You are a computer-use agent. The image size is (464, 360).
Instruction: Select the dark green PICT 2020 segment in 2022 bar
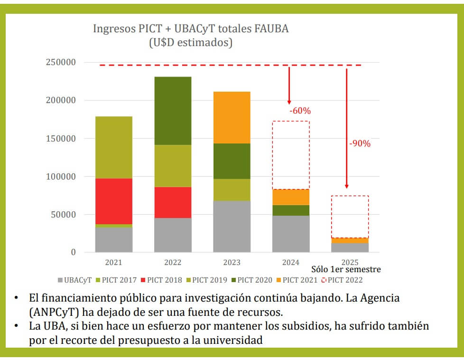coord(173,110)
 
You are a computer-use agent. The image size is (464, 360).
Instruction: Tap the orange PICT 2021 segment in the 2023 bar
coord(232,117)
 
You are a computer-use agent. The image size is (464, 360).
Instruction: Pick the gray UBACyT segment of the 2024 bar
coord(290,234)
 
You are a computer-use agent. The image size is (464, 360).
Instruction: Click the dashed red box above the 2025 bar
coord(350,216)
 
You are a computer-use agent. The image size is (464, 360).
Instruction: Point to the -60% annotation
coord(300,111)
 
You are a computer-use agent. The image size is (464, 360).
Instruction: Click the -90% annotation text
coord(360,143)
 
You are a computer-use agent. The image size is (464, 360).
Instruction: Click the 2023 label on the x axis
coord(232,262)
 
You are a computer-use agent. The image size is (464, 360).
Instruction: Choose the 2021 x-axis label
coord(113,262)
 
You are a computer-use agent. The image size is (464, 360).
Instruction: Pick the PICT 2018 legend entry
coord(161,280)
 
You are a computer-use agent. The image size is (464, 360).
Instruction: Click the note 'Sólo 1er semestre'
coord(346,269)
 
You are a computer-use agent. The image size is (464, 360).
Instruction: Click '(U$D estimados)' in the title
coord(191,42)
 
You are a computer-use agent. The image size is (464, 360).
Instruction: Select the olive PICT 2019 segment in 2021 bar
coord(113,147)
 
